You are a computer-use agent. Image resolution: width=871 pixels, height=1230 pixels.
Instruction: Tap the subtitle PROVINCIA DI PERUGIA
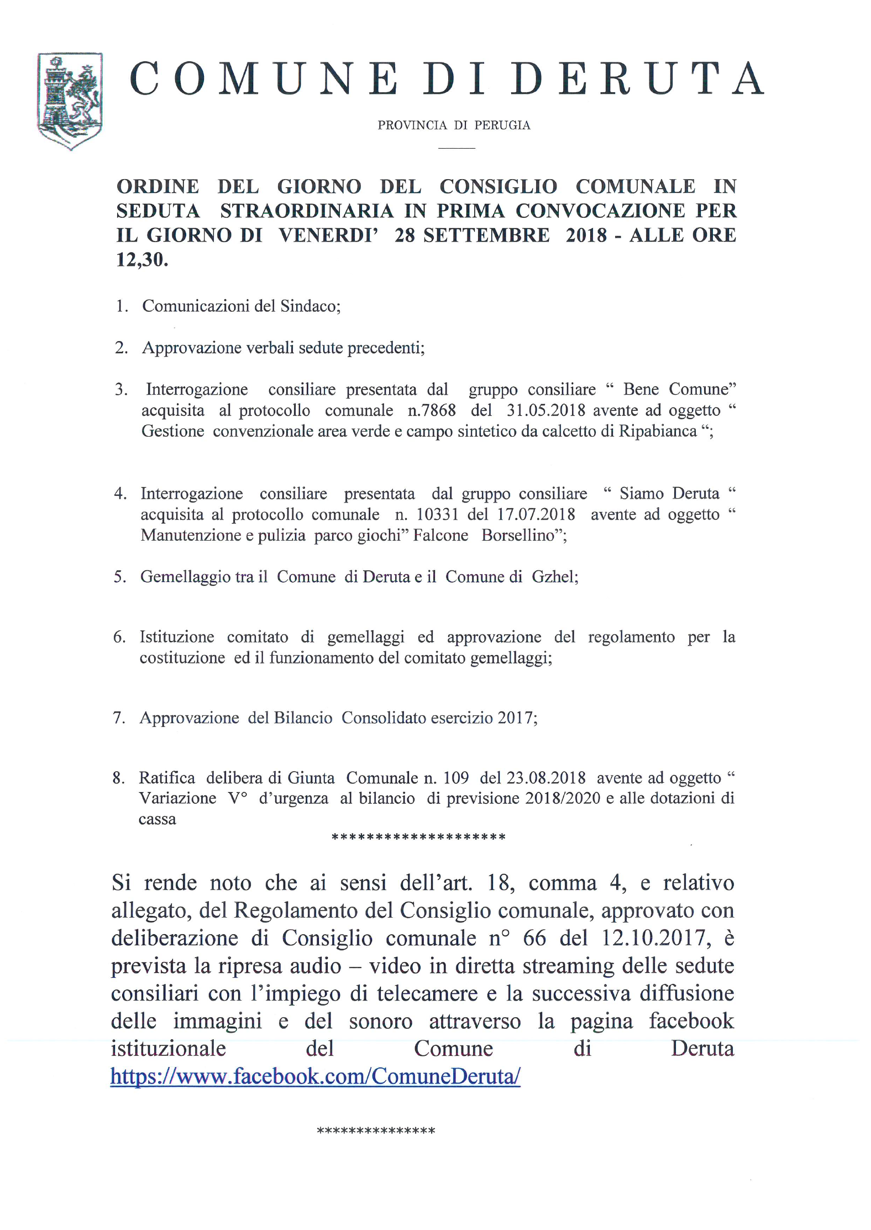pyautogui.click(x=454, y=125)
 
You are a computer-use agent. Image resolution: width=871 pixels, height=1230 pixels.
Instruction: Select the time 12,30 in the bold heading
pyautogui.click(x=141, y=260)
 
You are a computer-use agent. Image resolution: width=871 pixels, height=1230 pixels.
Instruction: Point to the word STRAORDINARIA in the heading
pyautogui.click(x=307, y=211)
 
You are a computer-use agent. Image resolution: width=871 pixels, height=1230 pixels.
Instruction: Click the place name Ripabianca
pyautogui.click(x=657, y=431)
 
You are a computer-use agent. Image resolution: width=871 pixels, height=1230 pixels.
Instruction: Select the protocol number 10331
pyautogui.click(x=437, y=515)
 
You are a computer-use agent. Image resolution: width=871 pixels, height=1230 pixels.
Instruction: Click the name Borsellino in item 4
pyautogui.click(x=521, y=535)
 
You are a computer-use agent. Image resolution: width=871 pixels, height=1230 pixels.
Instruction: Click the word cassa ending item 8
pyautogui.click(x=158, y=819)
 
